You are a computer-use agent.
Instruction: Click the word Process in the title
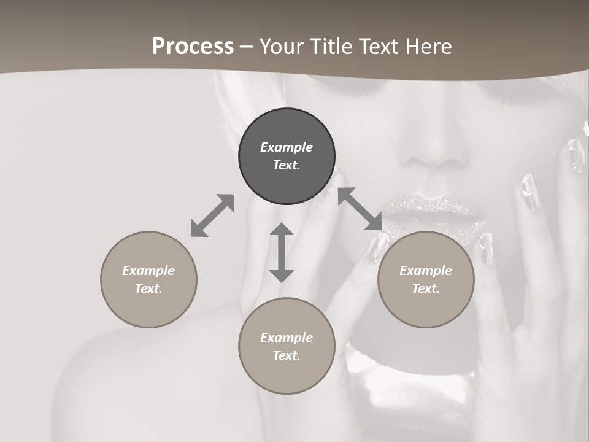(193, 47)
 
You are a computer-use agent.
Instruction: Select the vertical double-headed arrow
(282, 252)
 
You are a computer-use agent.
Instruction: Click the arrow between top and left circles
(212, 215)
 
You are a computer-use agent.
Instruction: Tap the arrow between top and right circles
(360, 209)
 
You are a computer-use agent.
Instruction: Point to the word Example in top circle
(287, 147)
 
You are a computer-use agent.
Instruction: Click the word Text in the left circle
(148, 289)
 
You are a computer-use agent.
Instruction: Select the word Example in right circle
(426, 271)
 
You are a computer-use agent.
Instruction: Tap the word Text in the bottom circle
(287, 355)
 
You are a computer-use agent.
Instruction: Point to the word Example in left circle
(148, 271)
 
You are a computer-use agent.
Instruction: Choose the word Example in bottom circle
(287, 338)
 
